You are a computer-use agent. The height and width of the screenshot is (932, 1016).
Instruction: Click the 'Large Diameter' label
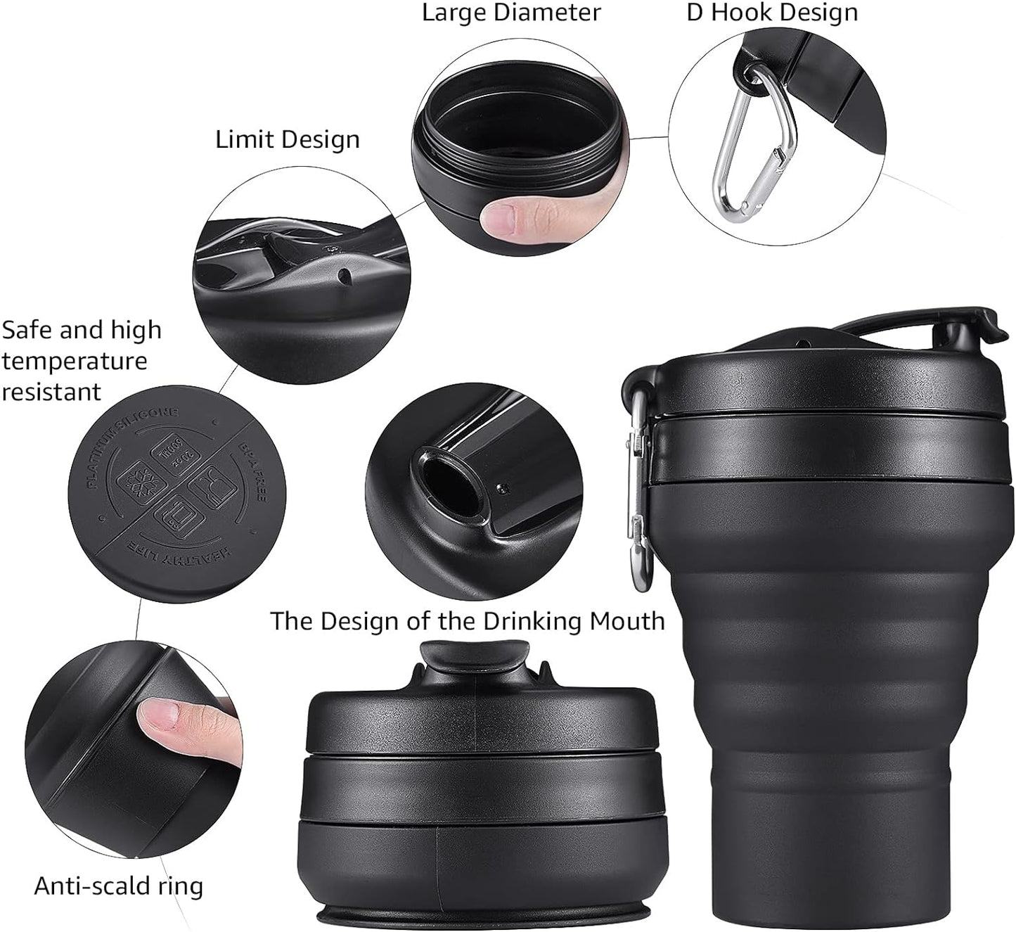[x=511, y=13]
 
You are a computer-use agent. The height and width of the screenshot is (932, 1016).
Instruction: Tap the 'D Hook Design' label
[x=771, y=13]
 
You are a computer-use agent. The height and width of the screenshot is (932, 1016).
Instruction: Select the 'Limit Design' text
[x=287, y=139]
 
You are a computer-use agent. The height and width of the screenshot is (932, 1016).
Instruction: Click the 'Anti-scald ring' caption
[x=118, y=886]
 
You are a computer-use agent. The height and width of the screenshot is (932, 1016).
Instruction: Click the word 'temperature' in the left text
[x=74, y=361]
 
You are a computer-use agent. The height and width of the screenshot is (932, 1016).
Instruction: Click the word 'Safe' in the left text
[x=25, y=330]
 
